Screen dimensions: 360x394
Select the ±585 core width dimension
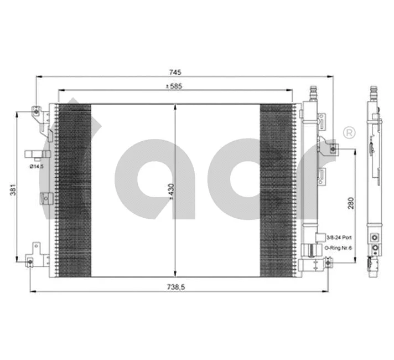tap(175, 86)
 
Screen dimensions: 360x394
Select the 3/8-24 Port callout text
tap(339, 236)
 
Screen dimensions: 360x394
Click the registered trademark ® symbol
tap(349, 132)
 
